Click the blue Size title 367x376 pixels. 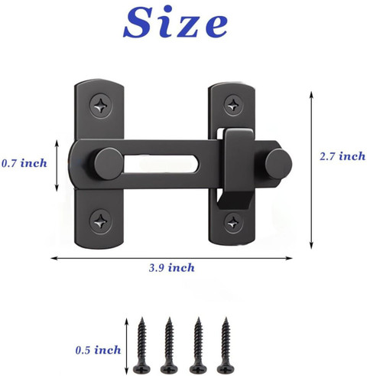pos(175,22)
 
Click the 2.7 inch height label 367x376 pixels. pos(343,156)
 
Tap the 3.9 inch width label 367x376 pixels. pos(172,268)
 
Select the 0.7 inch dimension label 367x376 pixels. pos(24,163)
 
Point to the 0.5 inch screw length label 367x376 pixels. pos(98,350)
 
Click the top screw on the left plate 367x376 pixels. pos(101,106)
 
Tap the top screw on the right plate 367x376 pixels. pos(233,104)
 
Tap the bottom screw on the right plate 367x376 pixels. pos(233,223)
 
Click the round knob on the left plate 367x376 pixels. pos(109,164)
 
